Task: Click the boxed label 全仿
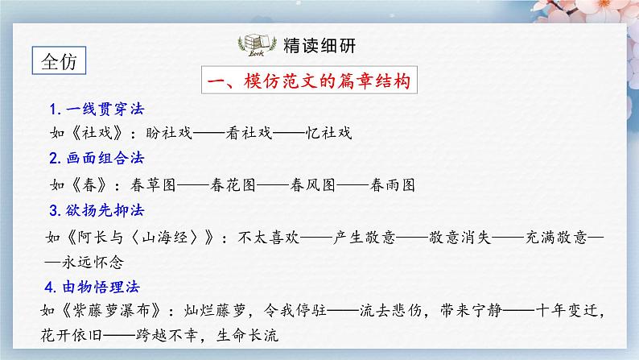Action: tap(60, 62)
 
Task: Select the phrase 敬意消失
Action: tap(464, 238)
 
